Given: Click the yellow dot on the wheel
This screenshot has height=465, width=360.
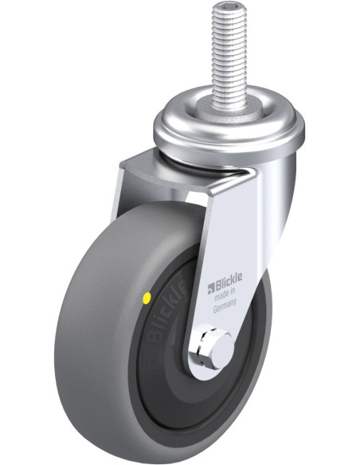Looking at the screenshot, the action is click(x=147, y=298).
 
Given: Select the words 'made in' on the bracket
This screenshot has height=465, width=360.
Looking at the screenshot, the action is click(x=225, y=295).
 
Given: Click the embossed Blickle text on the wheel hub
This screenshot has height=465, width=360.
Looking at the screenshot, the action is click(x=167, y=311).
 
